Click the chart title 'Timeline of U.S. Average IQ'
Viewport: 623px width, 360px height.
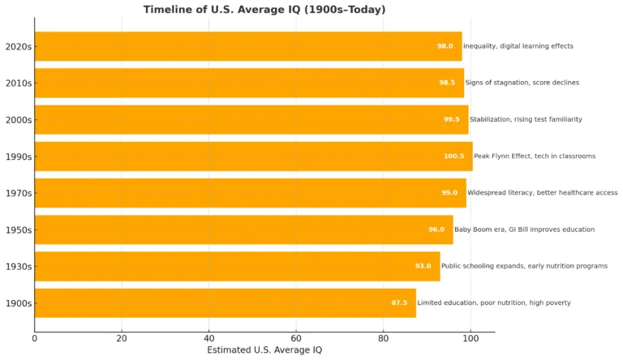[264, 10]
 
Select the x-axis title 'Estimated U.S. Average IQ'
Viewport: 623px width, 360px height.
[264, 349]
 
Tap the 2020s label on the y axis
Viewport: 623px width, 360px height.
[18, 46]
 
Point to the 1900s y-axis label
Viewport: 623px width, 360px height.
[18, 303]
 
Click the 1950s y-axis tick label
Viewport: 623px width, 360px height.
[18, 229]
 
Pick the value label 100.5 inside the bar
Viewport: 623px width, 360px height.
[454, 156]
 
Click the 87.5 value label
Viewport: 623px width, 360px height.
[399, 303]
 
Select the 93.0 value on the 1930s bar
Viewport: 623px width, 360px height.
[423, 266]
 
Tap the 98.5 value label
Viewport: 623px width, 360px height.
[447, 83]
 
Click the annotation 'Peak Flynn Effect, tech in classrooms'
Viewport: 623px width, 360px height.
[535, 156]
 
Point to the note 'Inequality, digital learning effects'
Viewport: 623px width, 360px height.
[518, 46]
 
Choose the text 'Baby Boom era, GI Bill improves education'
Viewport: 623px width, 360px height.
[524, 229]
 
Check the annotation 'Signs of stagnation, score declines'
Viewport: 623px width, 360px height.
[522, 83]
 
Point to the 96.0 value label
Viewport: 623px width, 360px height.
[436, 229]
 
